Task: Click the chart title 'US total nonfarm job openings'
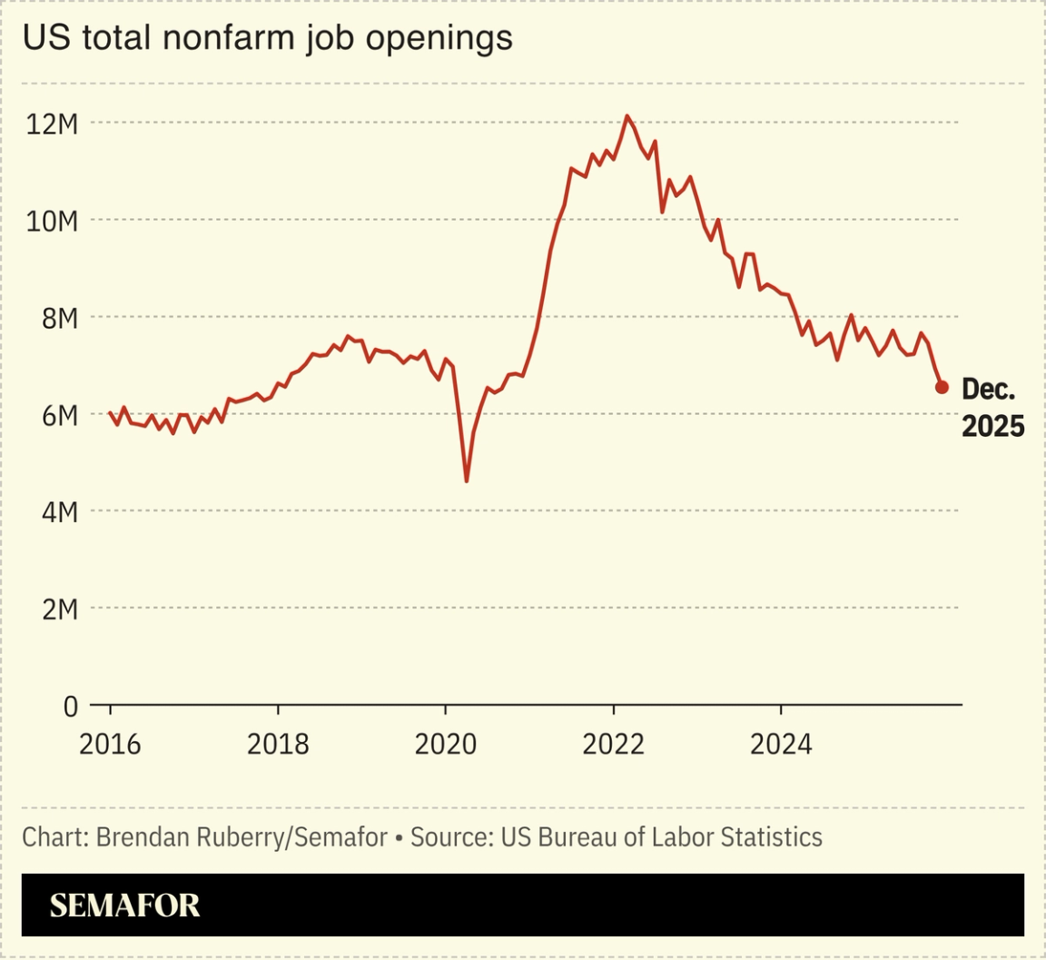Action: coord(267,38)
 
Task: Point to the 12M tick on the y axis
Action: coord(52,124)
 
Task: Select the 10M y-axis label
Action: coord(52,221)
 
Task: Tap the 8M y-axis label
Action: coord(58,318)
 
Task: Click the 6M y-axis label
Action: coord(58,415)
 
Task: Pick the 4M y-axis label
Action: coord(58,512)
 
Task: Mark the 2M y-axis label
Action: coord(58,609)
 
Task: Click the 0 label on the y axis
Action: coord(70,707)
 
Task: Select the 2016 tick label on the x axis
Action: coord(110,745)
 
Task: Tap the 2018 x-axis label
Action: coord(278,745)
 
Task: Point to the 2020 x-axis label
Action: coord(446,745)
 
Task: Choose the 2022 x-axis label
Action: coord(614,745)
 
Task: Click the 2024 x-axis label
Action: coord(781,745)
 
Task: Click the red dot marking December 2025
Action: coord(942,388)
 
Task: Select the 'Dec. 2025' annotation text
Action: coord(992,408)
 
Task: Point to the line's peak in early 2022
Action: coord(627,116)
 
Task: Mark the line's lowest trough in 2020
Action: coord(467,480)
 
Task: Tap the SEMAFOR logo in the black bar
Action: coord(124,906)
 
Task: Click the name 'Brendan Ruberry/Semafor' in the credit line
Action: coord(242,836)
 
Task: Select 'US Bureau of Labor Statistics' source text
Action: coord(661,836)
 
